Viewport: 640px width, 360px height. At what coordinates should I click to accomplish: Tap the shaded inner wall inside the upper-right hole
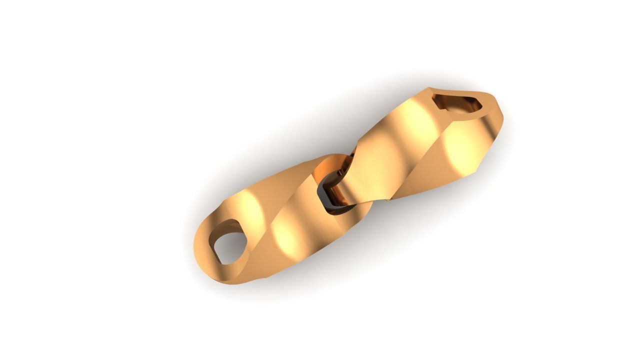pos(445,102)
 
